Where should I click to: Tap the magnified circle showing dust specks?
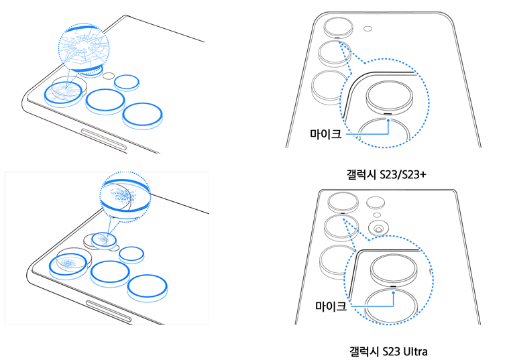click(x=125, y=196)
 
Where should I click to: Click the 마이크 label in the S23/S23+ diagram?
click(x=326, y=133)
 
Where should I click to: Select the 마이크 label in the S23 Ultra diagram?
click(x=331, y=306)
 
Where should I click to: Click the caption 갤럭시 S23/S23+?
click(x=386, y=175)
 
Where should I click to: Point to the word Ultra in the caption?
click(x=415, y=351)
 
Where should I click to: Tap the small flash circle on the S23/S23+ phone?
click(x=367, y=29)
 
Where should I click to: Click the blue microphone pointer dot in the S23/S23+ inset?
click(x=388, y=121)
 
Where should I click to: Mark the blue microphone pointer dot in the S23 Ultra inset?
click(x=393, y=292)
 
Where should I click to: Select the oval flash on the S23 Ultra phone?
click(x=376, y=203)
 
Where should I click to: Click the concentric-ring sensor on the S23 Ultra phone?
click(x=378, y=228)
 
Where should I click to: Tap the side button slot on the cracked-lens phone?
click(x=103, y=139)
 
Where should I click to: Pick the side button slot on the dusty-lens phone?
click(x=109, y=311)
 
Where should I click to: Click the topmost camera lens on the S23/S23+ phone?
click(x=338, y=27)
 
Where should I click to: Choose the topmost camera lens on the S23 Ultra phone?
click(x=343, y=203)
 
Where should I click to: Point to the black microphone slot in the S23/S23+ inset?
click(x=388, y=114)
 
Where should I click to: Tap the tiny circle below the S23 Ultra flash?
click(x=377, y=215)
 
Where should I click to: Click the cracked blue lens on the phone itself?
click(x=63, y=93)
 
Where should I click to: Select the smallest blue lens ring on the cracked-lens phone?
click(x=127, y=82)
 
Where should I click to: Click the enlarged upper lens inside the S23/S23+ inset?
click(x=390, y=97)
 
